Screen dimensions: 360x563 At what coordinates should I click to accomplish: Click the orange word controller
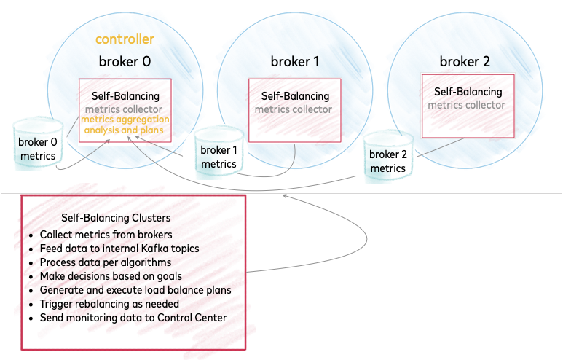pos(125,39)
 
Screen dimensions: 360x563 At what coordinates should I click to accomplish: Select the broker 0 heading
pos(125,62)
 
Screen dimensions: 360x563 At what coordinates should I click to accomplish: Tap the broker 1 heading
pos(295,62)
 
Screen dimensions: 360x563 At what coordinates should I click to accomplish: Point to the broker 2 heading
pos(465,60)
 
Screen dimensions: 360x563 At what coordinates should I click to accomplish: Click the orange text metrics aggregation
pos(125,120)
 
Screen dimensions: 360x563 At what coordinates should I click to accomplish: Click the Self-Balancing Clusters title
pos(116,218)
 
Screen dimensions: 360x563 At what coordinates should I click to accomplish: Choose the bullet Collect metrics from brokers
pos(106,235)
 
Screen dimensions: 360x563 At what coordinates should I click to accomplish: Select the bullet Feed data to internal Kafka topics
pos(119,249)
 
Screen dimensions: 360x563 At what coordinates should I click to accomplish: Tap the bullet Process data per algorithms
pos(106,262)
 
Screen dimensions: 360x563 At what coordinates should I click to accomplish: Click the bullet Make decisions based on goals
pos(111,276)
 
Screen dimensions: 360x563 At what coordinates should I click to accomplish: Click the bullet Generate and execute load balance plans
pos(135,290)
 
